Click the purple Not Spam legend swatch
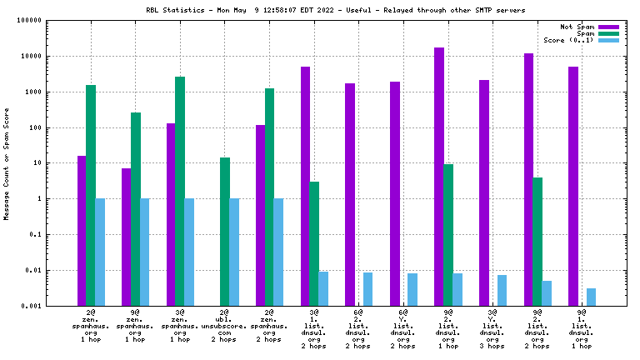[609, 27]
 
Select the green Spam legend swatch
[609, 33]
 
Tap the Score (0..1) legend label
[568, 40]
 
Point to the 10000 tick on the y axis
[30, 57]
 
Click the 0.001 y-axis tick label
[31, 306]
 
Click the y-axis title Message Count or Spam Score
[7, 163]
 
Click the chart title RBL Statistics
[319, 10]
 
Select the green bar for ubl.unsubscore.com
[225, 231]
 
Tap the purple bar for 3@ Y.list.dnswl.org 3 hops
[484, 192]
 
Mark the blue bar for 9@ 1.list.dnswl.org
[591, 297]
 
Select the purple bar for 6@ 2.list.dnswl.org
[350, 194]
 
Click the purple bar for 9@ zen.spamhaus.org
[127, 237]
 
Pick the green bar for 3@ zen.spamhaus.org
[180, 191]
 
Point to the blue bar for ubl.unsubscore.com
[234, 252]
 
